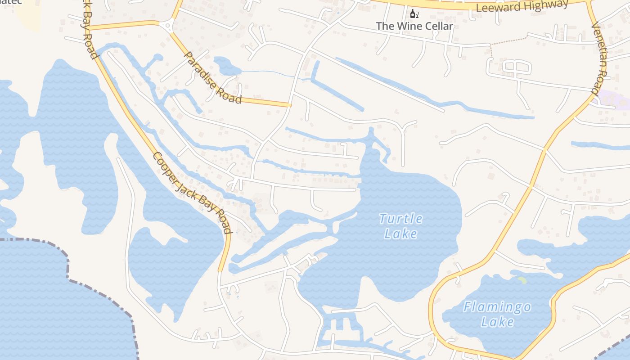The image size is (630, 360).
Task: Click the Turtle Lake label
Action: click(401, 226)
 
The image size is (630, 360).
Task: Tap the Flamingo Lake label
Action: click(497, 315)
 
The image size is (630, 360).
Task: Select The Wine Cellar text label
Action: click(414, 26)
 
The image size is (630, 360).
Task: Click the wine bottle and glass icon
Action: click(414, 13)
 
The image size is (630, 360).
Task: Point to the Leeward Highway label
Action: click(522, 6)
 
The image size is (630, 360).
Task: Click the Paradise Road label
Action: click(213, 78)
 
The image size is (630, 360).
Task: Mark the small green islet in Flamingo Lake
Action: click(522, 280)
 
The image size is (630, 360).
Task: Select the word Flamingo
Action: click(497, 308)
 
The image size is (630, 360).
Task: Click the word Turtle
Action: click(401, 219)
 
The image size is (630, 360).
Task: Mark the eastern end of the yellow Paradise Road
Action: click(289, 105)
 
